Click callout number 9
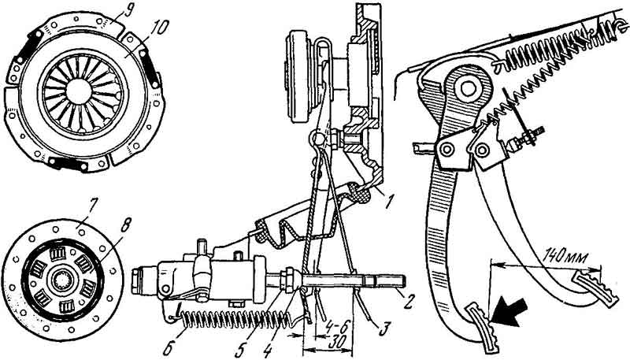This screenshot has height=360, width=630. pyautogui.click(x=128, y=11)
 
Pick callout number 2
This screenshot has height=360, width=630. pyautogui.click(x=408, y=301)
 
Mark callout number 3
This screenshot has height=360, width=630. pyautogui.click(x=384, y=328)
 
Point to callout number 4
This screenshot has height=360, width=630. pyautogui.click(x=268, y=349)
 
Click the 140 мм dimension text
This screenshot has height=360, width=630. pyautogui.click(x=561, y=255)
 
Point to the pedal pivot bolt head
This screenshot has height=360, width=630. pyautogui.click(x=469, y=88)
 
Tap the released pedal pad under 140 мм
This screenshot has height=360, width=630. pyautogui.click(x=596, y=288)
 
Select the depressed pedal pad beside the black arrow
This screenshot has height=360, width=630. pyautogui.click(x=484, y=328)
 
